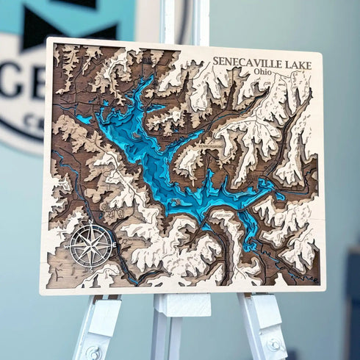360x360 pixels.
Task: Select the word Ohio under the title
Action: tap(262, 73)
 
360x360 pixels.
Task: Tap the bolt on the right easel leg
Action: tap(274, 344)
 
